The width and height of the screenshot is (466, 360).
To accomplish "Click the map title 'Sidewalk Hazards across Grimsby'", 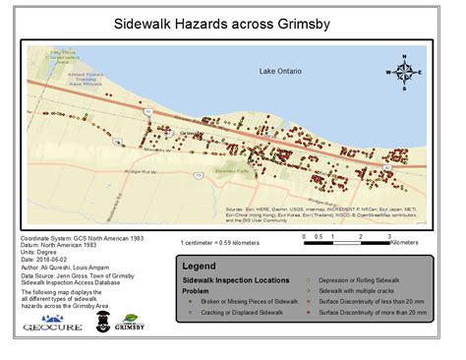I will [x=232, y=21].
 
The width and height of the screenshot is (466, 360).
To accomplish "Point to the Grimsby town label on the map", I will [x=193, y=131].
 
